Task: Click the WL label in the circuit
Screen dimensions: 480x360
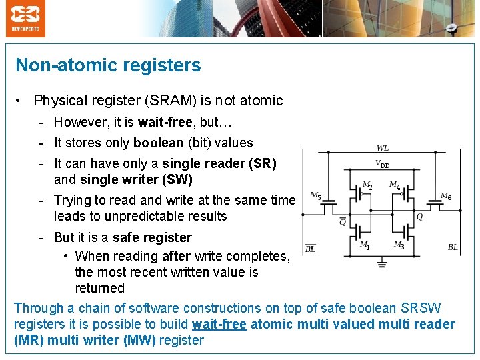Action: coord(383,148)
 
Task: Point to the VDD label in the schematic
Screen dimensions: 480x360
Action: coord(382,164)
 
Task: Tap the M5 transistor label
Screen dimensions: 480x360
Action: coord(315,196)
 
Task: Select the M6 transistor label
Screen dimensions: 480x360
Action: coord(445,196)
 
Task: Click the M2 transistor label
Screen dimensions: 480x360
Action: coord(367,185)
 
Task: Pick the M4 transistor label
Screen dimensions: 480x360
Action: coord(395,185)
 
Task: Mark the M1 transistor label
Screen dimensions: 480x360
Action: coord(365,245)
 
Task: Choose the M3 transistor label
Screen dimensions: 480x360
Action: coord(399,245)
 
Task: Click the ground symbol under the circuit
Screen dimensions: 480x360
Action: coord(381,263)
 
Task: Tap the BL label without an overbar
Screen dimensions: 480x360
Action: coord(453,247)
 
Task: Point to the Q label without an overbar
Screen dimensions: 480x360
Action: coord(419,216)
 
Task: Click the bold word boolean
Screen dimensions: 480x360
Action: coord(159,143)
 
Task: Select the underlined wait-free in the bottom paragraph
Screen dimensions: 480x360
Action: coord(219,325)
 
